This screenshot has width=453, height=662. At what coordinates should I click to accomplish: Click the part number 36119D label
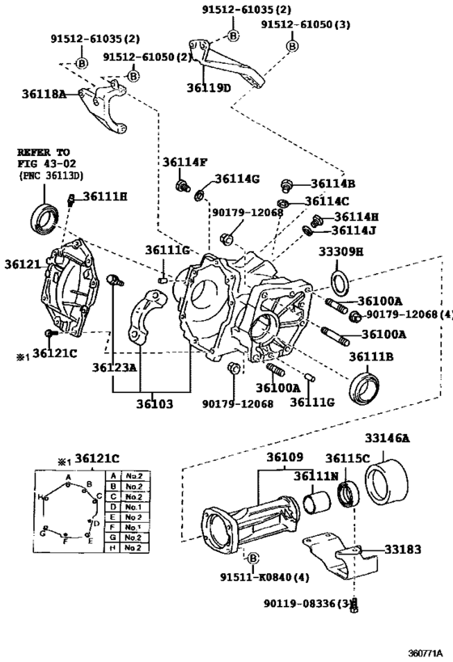(210, 88)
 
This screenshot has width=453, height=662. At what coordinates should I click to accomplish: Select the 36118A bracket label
(44, 94)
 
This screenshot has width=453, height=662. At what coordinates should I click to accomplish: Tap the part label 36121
(23, 264)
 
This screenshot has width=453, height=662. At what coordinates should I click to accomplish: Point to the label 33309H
(341, 251)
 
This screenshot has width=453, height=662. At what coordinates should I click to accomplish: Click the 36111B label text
(371, 356)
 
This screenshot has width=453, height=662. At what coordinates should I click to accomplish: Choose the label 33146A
(387, 438)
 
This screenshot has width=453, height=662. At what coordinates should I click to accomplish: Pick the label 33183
(403, 550)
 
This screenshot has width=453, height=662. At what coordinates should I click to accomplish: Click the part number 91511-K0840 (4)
(265, 576)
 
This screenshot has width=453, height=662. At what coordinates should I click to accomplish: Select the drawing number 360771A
(425, 653)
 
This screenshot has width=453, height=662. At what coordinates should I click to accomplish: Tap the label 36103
(155, 404)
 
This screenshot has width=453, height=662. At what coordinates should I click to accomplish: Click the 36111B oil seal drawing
(364, 389)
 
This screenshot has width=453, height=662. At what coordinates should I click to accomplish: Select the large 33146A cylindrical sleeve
(387, 482)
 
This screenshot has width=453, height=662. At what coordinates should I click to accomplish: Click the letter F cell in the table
(112, 527)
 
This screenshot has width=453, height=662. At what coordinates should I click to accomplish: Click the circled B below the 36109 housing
(252, 559)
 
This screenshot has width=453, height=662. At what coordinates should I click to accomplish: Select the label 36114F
(185, 162)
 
